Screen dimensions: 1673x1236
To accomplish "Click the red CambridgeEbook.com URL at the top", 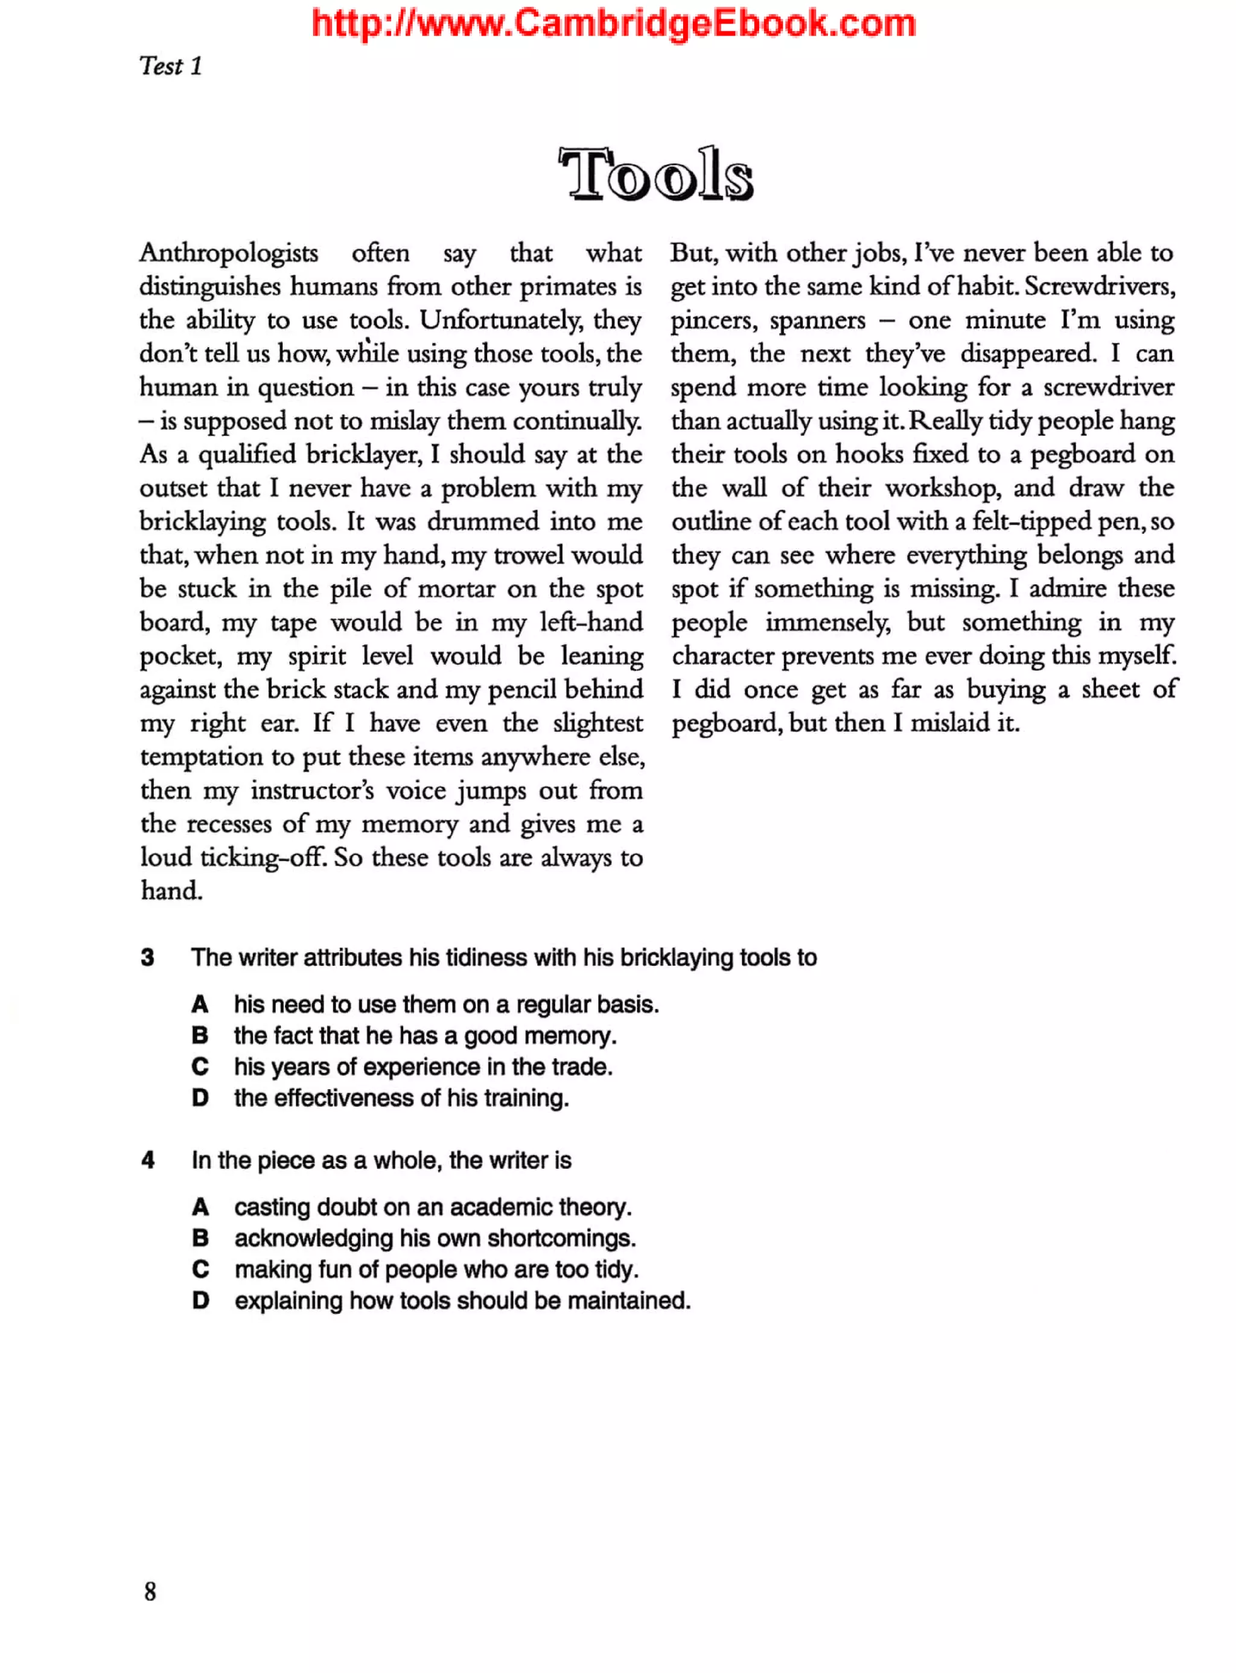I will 614,23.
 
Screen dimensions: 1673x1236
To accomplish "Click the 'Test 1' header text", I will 171,66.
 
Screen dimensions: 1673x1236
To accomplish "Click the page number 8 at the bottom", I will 150,1591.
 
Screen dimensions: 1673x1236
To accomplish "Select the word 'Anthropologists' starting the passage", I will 228,253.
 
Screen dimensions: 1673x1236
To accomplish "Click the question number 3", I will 147,958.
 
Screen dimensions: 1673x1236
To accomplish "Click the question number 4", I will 148,1160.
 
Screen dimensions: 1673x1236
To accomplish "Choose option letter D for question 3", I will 200,1098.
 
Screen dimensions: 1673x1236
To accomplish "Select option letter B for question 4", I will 200,1238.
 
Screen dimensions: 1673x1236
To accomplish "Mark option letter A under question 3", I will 200,1004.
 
